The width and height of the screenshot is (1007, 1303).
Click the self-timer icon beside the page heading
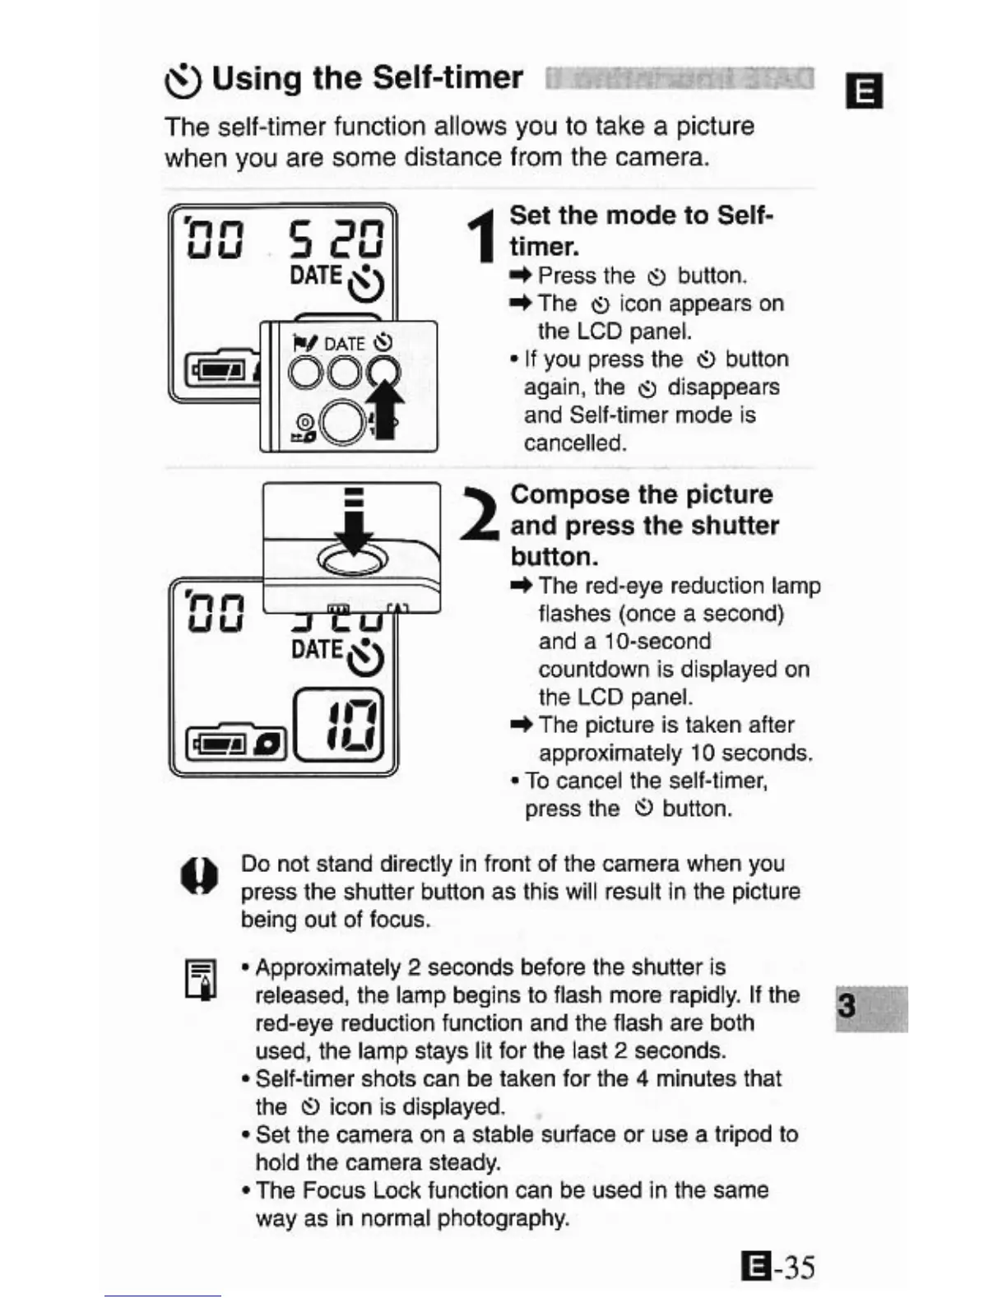click(182, 80)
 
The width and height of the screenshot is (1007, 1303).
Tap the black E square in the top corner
click(864, 90)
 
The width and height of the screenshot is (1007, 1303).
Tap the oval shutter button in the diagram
click(353, 562)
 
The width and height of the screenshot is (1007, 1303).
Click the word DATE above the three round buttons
click(344, 344)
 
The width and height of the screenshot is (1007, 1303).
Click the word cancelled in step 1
click(575, 443)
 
